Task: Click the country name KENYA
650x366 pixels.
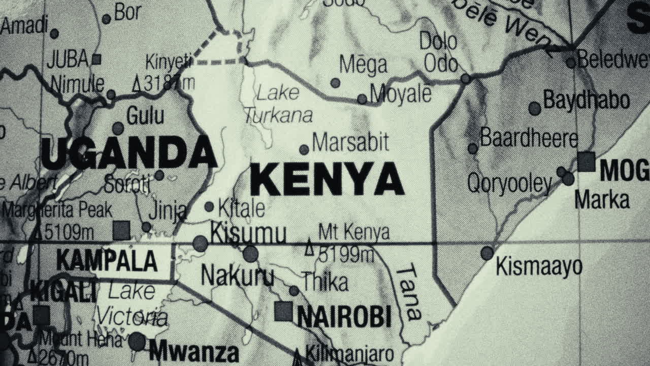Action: pyautogui.click(x=327, y=179)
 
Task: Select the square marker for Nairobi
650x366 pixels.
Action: pyautogui.click(x=283, y=311)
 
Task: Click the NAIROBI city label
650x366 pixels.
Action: pyautogui.click(x=344, y=317)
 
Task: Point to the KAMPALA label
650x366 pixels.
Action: pyautogui.click(x=107, y=261)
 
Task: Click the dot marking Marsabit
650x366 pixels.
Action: pyautogui.click(x=304, y=149)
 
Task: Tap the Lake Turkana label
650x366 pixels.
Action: pyautogui.click(x=278, y=104)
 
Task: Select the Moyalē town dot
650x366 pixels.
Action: pyautogui.click(x=362, y=99)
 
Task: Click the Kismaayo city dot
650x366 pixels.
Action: pyautogui.click(x=487, y=253)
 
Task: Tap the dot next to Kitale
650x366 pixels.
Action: pyautogui.click(x=209, y=206)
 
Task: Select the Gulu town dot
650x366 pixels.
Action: pyautogui.click(x=118, y=128)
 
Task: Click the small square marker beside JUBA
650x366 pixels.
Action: pyautogui.click(x=96, y=59)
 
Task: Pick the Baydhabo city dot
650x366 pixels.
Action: pyautogui.click(x=534, y=108)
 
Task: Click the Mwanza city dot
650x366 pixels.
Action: pyautogui.click(x=137, y=342)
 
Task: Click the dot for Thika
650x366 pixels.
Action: pyautogui.click(x=294, y=290)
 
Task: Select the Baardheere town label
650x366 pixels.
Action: pyautogui.click(x=529, y=138)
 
